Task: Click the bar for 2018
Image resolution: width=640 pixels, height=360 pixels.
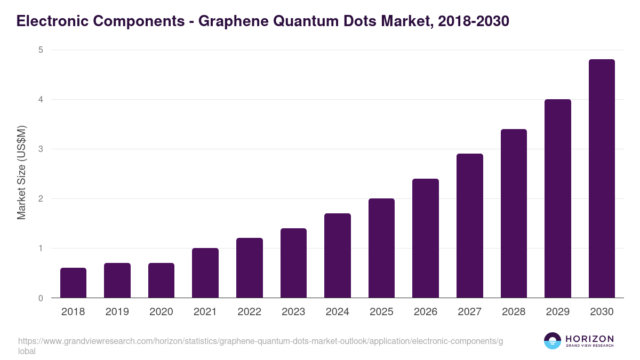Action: tap(73, 283)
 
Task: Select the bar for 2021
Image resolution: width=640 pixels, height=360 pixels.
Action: tap(205, 273)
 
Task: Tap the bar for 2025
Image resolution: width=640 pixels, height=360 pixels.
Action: tap(381, 249)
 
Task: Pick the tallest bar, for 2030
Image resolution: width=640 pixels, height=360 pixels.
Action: tap(602, 179)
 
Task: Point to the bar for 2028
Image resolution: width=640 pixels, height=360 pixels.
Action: tap(514, 213)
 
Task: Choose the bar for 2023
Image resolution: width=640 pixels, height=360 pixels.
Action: tap(293, 263)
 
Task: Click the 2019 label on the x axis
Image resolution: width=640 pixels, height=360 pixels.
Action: tap(117, 312)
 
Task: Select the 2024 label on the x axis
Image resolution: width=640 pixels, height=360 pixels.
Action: tap(338, 312)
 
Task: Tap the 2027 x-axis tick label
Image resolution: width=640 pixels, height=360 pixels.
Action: tap(470, 312)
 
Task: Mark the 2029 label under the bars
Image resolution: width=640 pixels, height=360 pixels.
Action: tap(558, 312)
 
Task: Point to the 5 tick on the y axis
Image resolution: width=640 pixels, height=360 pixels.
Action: tap(40, 50)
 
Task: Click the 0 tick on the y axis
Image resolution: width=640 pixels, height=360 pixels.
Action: tap(40, 298)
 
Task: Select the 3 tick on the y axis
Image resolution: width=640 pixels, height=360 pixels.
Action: tap(40, 149)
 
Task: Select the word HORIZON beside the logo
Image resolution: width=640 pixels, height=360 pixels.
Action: tap(589, 339)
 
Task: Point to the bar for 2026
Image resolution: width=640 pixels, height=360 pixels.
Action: tap(426, 238)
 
